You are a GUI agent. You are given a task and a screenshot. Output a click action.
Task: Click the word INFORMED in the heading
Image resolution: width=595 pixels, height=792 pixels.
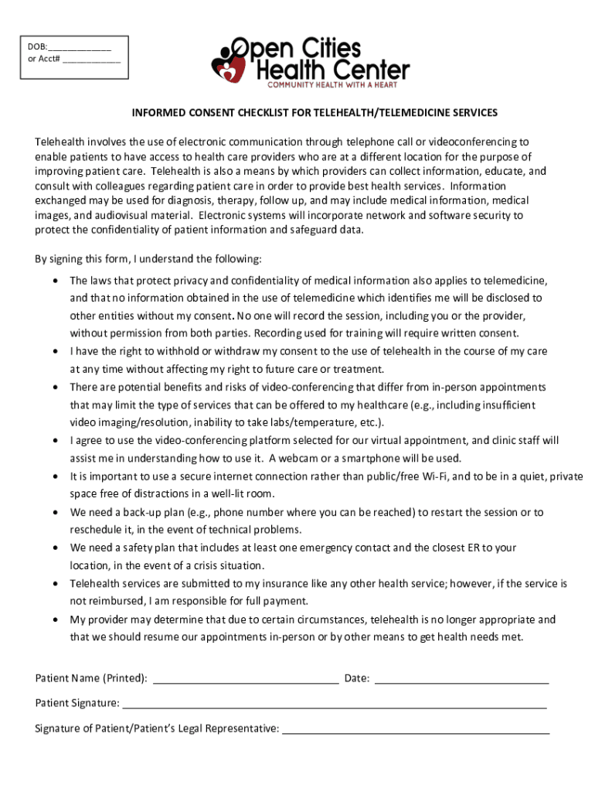pyautogui.click(x=158, y=113)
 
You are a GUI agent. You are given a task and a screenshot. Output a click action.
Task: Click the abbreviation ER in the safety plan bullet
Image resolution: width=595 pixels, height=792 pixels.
pyautogui.click(x=475, y=548)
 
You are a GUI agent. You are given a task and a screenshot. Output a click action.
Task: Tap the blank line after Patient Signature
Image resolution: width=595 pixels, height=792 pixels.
pyautogui.click(x=334, y=705)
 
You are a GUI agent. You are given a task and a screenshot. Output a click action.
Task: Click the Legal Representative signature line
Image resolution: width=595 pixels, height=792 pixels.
pyautogui.click(x=416, y=729)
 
